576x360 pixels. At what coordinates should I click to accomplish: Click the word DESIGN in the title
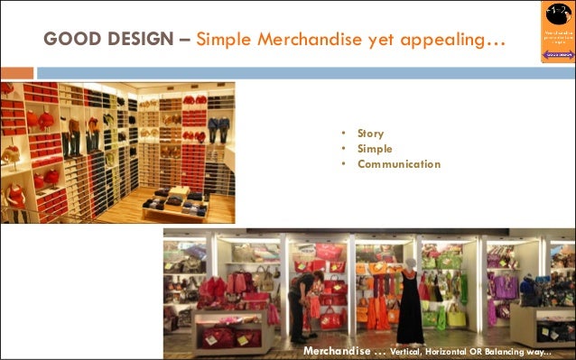click(136, 40)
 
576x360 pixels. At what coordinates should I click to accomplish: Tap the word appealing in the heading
click(450, 40)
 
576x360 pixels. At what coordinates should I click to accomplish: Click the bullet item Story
click(370, 134)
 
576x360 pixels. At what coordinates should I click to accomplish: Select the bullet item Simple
click(375, 149)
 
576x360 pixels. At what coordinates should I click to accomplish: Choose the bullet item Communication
click(398, 164)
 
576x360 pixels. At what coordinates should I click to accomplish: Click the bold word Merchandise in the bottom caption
click(340, 350)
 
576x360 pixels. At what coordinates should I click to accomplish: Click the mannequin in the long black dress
click(411, 305)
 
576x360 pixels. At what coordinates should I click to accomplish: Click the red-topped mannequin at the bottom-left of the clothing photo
click(15, 199)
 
